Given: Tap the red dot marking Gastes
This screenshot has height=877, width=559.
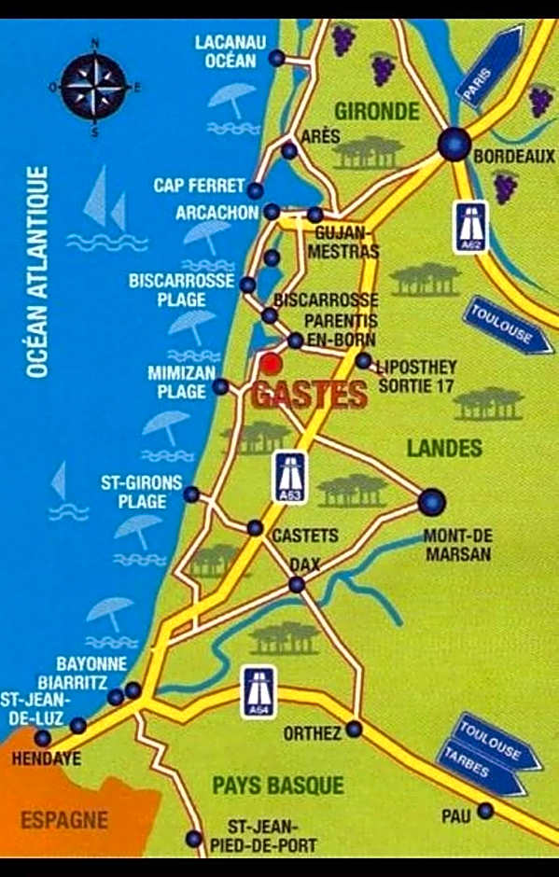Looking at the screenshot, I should click(x=271, y=363).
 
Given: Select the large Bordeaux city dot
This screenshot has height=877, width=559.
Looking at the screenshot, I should click(x=454, y=144).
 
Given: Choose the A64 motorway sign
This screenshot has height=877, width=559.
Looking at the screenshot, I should click(x=259, y=691).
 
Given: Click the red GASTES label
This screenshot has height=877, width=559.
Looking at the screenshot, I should click(x=309, y=395).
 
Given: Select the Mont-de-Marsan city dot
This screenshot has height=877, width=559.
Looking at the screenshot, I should click(x=430, y=502).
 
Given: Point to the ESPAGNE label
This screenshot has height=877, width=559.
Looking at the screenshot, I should click(x=64, y=821).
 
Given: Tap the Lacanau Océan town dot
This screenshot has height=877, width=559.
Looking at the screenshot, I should click(x=276, y=59).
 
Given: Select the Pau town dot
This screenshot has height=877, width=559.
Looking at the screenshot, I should click(x=484, y=811).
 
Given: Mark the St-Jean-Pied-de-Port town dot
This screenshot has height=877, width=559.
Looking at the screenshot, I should click(x=193, y=838).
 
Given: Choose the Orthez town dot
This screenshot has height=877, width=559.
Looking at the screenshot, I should click(x=354, y=729).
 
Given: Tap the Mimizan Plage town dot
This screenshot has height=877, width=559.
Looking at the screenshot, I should click(x=220, y=386).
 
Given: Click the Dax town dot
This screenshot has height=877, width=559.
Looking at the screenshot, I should click(x=296, y=585).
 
